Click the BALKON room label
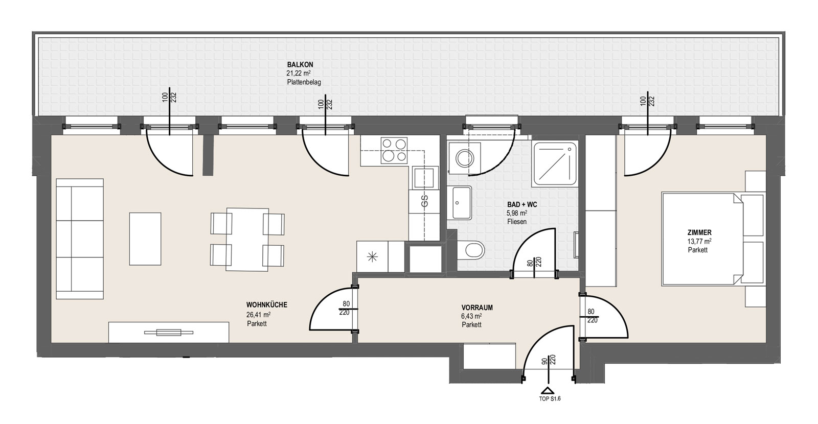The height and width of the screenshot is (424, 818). pos(300,64)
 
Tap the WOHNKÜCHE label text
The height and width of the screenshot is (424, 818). pos(266,304)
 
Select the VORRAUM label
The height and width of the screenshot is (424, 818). pos(477,308)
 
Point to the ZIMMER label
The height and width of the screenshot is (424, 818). pos(699,232)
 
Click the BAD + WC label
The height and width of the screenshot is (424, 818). pos(522,204)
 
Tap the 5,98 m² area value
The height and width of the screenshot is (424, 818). pos(517,213)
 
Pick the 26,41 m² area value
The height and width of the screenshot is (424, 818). pos(259,315)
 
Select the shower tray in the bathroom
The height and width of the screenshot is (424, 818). pos(555,163)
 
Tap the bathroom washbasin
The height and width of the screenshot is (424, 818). pos(462,203)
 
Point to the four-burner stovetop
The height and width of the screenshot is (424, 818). pos(394,150)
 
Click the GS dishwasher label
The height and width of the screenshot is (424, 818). pos(424,201)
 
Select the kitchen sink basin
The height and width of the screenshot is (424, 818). pos(425,178)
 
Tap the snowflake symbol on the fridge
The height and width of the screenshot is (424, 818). pos(372,257)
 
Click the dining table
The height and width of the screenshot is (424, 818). pos(247,240)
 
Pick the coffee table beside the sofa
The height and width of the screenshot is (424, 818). pos(145,239)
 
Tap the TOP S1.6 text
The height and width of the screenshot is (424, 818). pos(550,399)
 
